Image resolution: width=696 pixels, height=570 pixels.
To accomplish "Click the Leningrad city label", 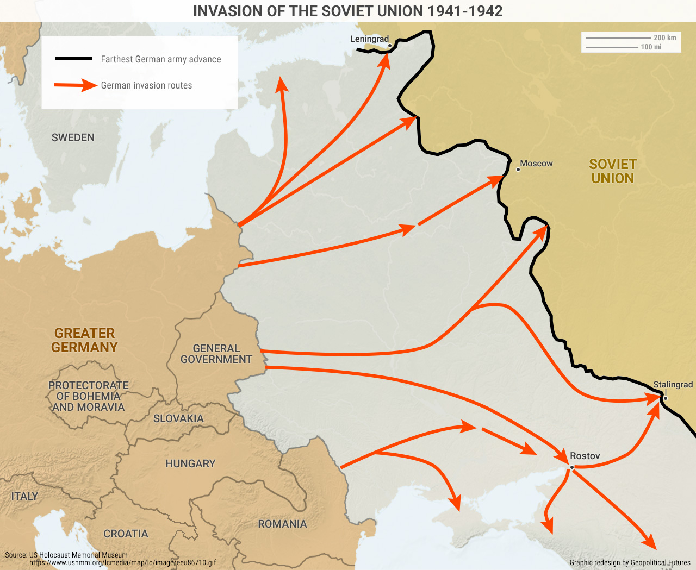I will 369,39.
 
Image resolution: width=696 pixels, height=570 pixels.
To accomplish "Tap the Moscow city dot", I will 518,170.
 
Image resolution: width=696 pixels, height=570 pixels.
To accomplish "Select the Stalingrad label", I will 673,385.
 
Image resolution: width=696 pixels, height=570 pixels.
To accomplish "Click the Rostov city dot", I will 572,467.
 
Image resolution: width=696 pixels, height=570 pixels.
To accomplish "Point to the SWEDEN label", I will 73,138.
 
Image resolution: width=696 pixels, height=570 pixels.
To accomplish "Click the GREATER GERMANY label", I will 84,341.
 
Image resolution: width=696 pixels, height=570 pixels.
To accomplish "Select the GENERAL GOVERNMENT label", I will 216,354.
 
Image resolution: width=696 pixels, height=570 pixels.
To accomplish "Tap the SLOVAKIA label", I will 178,419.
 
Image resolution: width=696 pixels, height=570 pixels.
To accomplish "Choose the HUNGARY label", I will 190,464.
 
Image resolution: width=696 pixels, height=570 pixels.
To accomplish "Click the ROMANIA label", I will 282,524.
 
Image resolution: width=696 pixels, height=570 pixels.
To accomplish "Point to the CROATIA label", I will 126,534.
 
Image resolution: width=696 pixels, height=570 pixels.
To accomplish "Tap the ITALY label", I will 24,497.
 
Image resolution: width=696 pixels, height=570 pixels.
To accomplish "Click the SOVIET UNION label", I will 612,172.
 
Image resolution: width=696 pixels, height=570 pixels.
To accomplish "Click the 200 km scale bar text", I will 664,38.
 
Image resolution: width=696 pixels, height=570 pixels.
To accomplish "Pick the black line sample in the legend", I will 73,59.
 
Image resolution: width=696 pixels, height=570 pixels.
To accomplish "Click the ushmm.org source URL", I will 122,563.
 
